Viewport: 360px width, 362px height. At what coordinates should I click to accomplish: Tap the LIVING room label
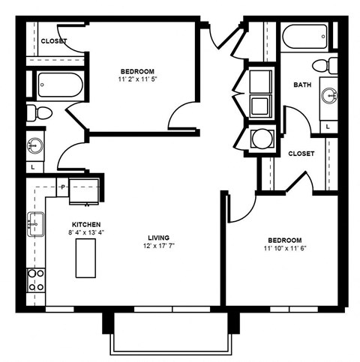click(x=157, y=239)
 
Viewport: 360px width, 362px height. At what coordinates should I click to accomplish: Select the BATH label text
click(x=303, y=85)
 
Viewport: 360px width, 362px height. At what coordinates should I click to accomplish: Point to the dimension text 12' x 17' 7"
click(x=158, y=247)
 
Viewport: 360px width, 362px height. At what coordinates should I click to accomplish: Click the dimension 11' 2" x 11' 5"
click(x=140, y=78)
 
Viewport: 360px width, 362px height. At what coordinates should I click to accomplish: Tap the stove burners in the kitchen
click(x=35, y=280)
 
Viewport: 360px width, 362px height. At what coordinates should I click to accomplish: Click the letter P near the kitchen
click(x=62, y=186)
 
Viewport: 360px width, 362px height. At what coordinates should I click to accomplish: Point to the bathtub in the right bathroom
click(x=304, y=34)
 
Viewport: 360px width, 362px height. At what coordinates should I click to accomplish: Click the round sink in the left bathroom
click(x=33, y=144)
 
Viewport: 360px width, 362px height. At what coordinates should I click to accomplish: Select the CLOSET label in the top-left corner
click(x=54, y=40)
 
